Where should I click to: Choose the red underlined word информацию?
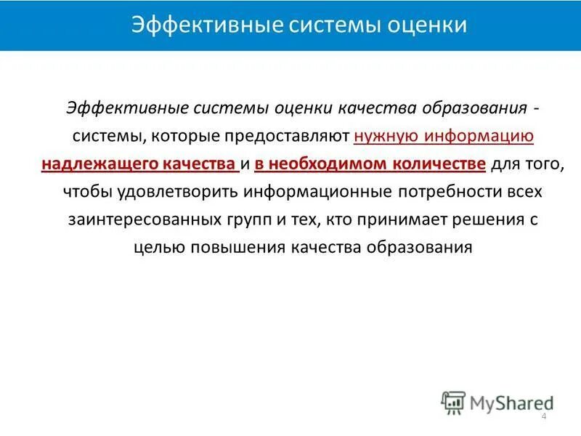click(x=480, y=137)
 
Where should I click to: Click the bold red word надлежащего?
click(x=94, y=164)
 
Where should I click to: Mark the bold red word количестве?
click(x=440, y=164)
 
